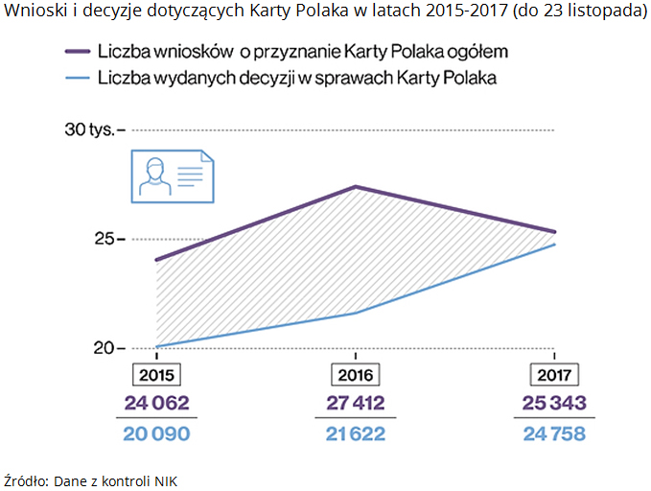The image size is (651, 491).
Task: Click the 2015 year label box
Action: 155,374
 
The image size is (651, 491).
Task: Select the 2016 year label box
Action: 355,374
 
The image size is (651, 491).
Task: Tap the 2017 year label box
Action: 554,374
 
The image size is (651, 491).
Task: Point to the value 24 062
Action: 156,401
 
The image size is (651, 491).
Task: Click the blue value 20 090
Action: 156,433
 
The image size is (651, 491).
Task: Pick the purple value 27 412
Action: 355,401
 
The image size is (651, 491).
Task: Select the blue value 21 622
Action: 355,433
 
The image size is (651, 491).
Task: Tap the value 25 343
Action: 554,401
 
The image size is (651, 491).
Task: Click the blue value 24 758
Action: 554,433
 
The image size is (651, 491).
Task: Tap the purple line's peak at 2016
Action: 355,186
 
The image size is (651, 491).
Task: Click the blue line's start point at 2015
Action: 156,346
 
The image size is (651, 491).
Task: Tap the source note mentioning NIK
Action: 92,480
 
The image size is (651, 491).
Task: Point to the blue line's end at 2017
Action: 554,245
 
